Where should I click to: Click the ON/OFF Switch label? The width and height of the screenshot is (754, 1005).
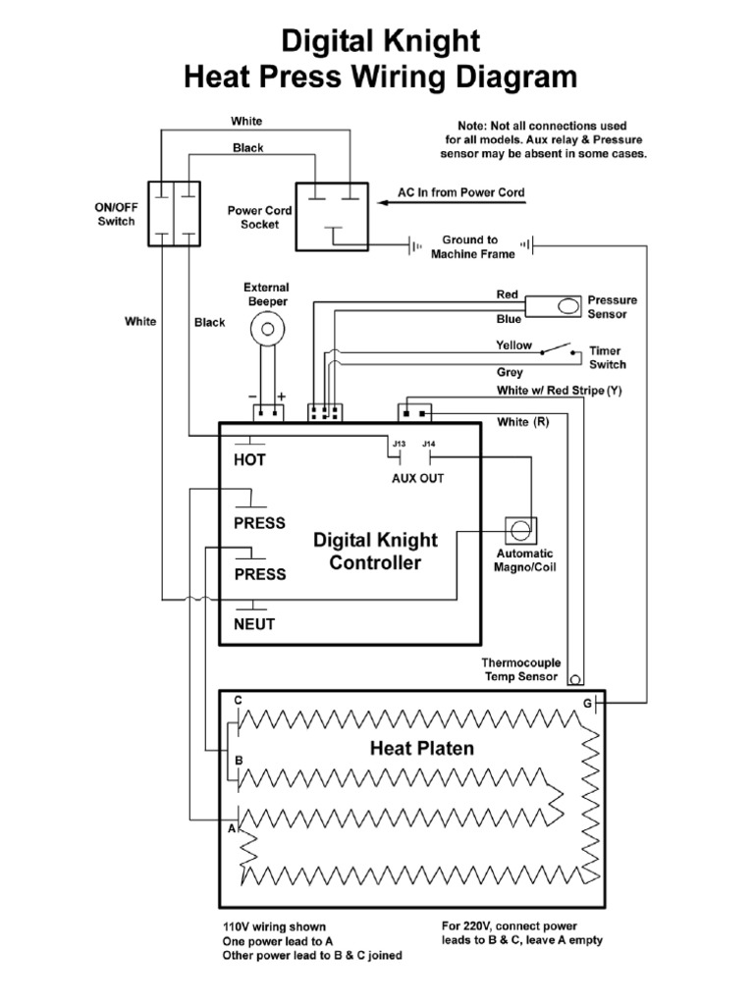point(116,214)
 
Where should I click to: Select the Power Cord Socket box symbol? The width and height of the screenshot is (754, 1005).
point(334,212)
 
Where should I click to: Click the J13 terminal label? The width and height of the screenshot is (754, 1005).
point(399,445)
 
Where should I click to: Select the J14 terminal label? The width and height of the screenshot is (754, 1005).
point(428,445)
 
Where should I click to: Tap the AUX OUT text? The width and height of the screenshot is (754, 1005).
point(417,478)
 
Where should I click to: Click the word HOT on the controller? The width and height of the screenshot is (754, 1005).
point(250,459)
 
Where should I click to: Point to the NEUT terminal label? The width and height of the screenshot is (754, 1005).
point(254,624)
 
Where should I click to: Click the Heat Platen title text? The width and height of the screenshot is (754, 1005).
point(421,748)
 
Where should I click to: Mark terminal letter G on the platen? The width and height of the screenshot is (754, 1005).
point(587,704)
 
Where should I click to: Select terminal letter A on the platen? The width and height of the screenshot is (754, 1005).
point(232,828)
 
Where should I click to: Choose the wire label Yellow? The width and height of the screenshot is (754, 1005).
point(513,345)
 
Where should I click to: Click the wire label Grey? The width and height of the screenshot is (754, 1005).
point(510,373)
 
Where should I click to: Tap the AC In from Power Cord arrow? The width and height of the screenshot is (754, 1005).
point(461,204)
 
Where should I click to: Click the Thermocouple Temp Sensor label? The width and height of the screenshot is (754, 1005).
point(519,669)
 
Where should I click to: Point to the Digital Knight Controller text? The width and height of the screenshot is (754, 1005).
point(375,552)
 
